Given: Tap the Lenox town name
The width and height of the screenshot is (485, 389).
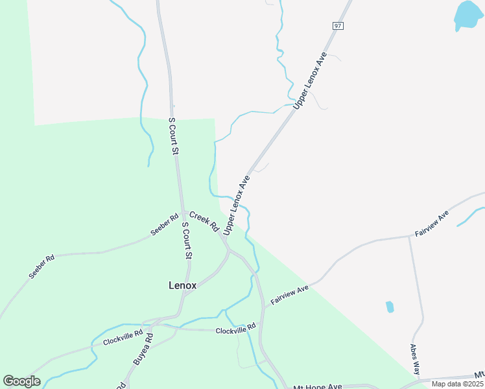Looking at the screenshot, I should pyautogui.click(x=182, y=285).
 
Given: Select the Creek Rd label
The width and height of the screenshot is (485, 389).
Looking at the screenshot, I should pyautogui.click(x=204, y=220).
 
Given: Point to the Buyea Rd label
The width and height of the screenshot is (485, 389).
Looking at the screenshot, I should pyautogui.click(x=143, y=348).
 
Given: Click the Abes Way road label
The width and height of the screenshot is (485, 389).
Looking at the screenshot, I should pyautogui.click(x=415, y=359).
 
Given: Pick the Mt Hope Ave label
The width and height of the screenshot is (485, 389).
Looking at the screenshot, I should pyautogui.click(x=318, y=386).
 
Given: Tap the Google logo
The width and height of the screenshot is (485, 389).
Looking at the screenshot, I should pyautogui.click(x=21, y=381).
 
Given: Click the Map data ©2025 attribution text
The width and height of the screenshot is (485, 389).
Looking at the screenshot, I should pyautogui.click(x=457, y=384).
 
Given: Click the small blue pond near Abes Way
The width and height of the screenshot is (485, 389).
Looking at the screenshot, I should pyautogui.click(x=390, y=307).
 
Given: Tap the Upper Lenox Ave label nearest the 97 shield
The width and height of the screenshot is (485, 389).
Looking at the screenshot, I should pyautogui.click(x=309, y=84).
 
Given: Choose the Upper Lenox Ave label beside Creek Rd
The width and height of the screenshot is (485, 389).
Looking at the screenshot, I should pyautogui.click(x=237, y=204).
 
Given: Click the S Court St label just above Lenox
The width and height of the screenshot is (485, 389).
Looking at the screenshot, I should pyautogui.click(x=187, y=241).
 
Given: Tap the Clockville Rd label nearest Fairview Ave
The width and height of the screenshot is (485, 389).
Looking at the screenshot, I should pyautogui.click(x=236, y=330).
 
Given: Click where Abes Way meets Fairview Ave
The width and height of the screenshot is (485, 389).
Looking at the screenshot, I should pyautogui.click(x=409, y=237).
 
